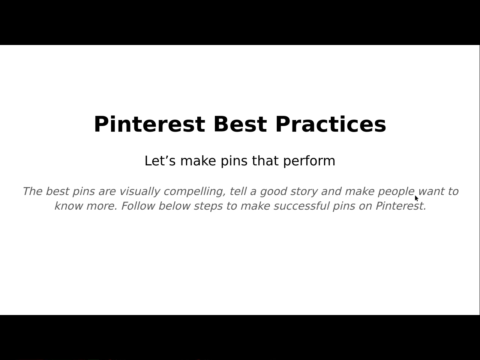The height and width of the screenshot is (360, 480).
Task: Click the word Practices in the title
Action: tap(331, 124)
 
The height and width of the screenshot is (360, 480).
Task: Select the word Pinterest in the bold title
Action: tap(149, 124)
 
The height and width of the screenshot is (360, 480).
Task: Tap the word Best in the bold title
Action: tap(240, 124)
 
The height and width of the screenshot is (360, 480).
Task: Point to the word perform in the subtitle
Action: tap(309, 161)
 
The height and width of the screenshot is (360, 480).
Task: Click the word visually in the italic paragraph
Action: tap(140, 192)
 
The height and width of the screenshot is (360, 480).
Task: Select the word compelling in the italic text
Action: tap(194, 192)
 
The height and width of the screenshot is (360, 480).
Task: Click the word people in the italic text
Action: tap(396, 192)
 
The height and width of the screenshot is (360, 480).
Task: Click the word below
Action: tap(174, 206)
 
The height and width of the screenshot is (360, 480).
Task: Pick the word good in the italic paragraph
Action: tap(273, 192)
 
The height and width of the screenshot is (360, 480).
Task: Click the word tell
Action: tap(238, 192)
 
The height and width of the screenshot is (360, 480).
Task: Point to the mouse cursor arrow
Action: tap(416, 198)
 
